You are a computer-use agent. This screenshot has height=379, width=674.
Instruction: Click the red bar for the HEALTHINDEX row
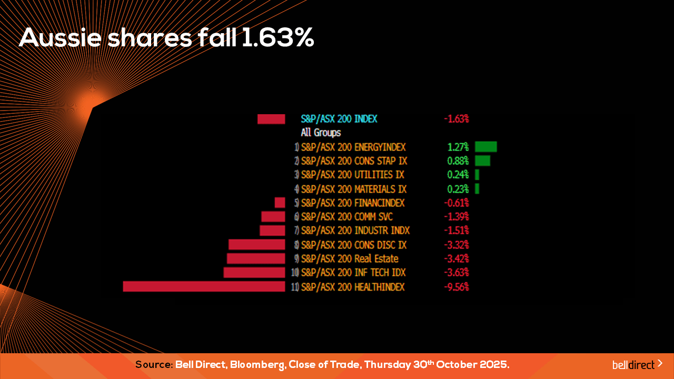click(x=204, y=286)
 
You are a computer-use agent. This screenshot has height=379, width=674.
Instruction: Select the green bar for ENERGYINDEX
click(x=485, y=147)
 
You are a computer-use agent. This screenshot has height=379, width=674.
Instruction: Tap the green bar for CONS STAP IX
click(x=482, y=161)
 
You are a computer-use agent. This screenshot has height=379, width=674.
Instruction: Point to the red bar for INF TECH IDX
click(x=254, y=273)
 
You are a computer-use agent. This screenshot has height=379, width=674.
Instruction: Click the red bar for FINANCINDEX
click(x=280, y=203)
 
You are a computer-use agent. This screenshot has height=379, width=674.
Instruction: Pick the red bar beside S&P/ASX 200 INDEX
click(x=271, y=119)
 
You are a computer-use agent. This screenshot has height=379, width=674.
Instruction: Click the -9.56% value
click(x=456, y=287)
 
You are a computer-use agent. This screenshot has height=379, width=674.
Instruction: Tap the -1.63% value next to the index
click(x=456, y=119)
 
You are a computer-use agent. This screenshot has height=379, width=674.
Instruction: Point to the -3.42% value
click(x=456, y=258)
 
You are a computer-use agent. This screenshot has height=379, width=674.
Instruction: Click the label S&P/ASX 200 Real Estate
click(x=350, y=258)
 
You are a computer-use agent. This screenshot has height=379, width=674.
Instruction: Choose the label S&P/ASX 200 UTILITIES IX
click(x=353, y=175)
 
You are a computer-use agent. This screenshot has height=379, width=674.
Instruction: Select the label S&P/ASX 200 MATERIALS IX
click(x=354, y=189)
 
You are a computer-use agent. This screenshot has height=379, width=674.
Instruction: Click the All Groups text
click(x=321, y=133)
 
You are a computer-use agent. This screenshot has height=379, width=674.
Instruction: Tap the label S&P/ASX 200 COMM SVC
click(x=346, y=217)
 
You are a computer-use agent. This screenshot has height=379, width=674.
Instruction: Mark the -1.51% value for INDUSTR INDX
click(x=456, y=231)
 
